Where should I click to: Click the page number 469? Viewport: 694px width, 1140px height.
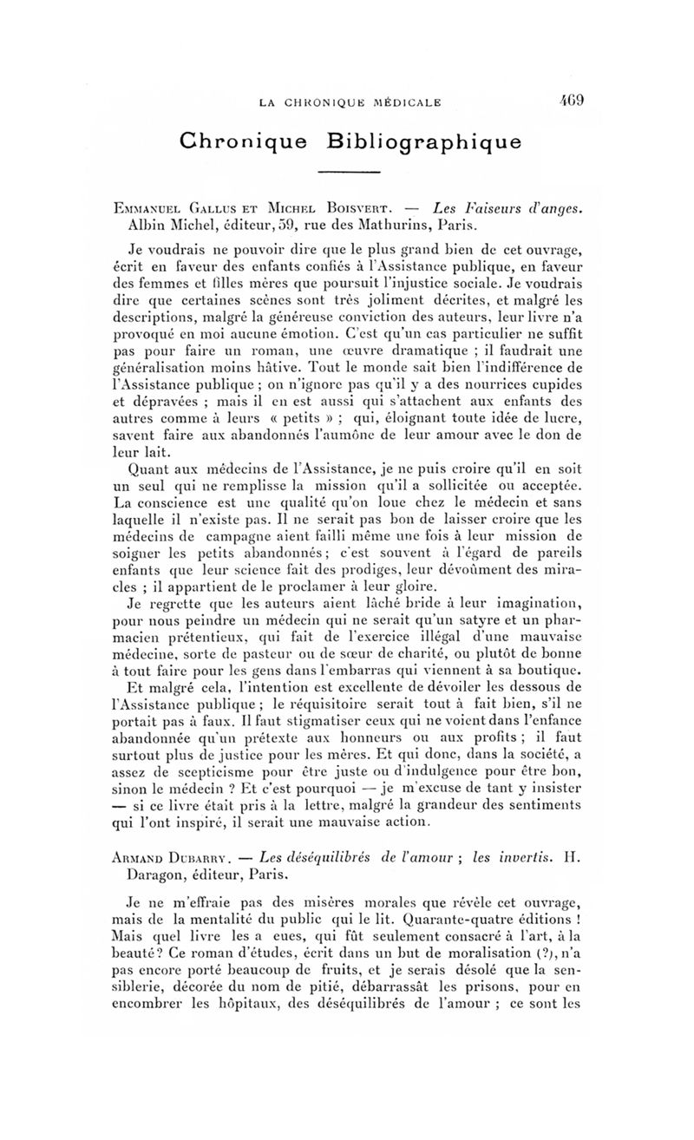point(572,102)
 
